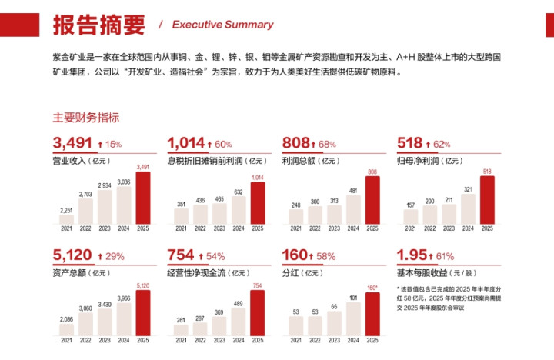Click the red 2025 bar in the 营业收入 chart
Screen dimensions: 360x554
143,197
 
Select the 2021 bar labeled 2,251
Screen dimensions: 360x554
66,218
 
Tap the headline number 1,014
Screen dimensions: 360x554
185,142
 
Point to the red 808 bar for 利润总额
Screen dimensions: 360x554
372,201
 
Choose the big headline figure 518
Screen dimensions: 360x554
409,142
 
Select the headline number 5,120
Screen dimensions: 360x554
72,255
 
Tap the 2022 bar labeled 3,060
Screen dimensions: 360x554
85,322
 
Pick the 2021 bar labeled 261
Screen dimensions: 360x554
181,330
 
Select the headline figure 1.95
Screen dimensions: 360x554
412,255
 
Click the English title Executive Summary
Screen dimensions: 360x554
222,25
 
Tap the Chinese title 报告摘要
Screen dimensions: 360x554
98,24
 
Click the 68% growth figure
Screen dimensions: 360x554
326,144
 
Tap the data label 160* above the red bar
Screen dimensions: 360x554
372,288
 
